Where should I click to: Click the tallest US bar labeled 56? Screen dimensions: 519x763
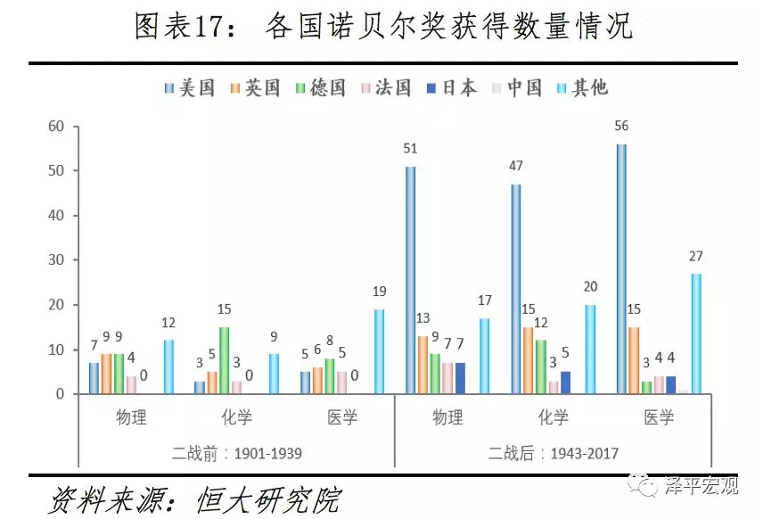coord(621,268)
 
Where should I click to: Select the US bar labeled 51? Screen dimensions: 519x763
coord(410,280)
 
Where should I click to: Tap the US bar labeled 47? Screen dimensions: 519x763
coord(515,289)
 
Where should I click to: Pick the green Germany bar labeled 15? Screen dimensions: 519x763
coord(224,360)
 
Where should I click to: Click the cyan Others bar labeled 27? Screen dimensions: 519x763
coord(696,334)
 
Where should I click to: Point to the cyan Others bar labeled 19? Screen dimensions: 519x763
coord(379,351)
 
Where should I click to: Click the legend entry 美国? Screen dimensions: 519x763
coord(190,87)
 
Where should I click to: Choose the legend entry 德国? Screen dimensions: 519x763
coord(320,87)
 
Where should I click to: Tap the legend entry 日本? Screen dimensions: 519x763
coord(451,87)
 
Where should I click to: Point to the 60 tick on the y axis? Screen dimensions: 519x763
coord(57,127)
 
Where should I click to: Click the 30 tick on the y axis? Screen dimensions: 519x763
coord(57,260)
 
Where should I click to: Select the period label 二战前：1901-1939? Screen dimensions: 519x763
coord(236,453)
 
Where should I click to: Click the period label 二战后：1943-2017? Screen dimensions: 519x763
coord(553,453)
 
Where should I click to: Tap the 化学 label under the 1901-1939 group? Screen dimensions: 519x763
coord(236,417)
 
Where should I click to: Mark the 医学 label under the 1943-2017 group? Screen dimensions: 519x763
coord(659,417)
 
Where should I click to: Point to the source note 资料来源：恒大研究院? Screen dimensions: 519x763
coord(193,498)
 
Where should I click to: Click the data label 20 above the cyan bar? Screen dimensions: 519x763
coord(591,286)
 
